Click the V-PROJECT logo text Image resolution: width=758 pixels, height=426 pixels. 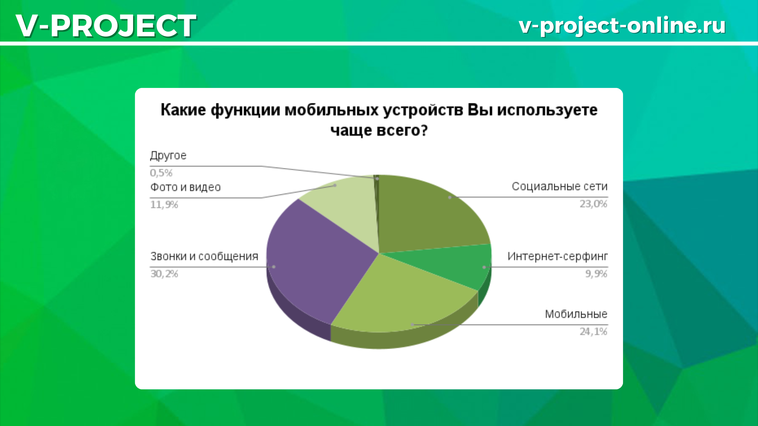tap(106, 26)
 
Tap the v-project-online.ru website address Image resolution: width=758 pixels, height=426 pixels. tap(622, 26)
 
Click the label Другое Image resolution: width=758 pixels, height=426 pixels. tap(168, 156)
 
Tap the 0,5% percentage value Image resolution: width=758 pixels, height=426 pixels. tap(161, 173)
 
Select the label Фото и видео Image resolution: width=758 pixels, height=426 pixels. tap(185, 187)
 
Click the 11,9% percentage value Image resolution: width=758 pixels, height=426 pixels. tap(164, 205)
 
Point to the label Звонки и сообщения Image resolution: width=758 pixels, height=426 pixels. tap(204, 257)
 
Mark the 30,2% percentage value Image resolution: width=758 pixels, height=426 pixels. tap(164, 274)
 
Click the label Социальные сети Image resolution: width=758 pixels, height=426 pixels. tap(560, 187)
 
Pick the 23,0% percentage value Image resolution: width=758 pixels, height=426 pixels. tap(593, 204)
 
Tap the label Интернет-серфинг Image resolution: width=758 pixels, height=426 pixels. tap(557, 257)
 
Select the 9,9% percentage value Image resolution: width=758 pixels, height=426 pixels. tap(596, 274)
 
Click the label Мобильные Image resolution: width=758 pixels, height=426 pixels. tap(576, 314)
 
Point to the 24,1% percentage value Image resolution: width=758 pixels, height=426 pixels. tap(593, 332)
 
